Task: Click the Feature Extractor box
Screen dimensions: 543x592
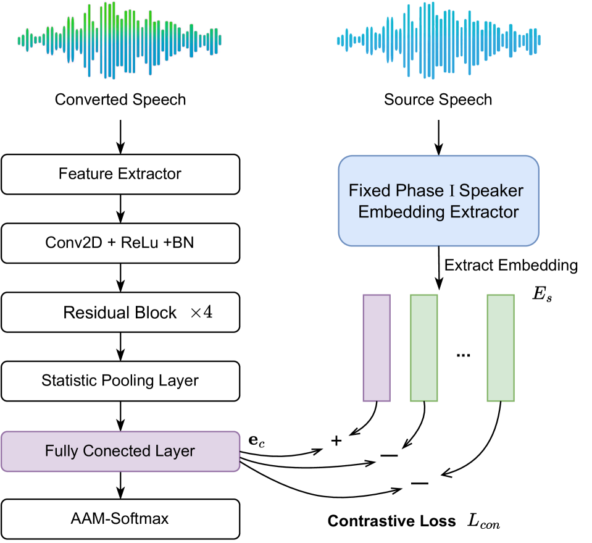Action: point(120,174)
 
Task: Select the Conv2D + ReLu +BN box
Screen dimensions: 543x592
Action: point(120,242)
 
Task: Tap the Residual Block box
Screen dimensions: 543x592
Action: point(120,313)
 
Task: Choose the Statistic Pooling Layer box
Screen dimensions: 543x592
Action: point(120,380)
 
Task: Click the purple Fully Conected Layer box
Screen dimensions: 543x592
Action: point(120,451)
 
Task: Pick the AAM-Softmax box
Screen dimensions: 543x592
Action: point(120,518)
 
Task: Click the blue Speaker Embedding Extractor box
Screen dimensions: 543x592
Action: point(438,201)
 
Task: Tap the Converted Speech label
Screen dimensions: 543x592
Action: point(120,99)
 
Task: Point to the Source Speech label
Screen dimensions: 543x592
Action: point(438,99)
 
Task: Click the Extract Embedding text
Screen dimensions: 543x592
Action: point(511,266)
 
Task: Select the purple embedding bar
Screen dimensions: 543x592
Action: point(377,347)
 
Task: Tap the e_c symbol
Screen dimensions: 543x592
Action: point(255,442)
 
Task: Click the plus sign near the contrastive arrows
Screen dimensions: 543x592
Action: point(336,440)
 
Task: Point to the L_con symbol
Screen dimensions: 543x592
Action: point(483,523)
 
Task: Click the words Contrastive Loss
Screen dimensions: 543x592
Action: point(392,521)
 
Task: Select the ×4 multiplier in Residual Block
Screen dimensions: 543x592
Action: point(201,313)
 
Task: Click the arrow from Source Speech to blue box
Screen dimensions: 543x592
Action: point(438,136)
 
